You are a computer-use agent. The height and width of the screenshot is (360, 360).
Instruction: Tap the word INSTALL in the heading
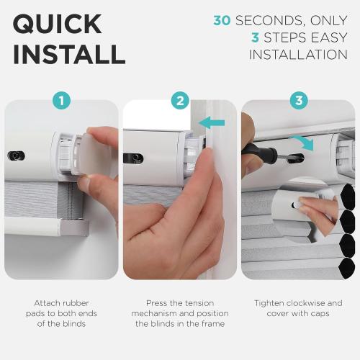68,53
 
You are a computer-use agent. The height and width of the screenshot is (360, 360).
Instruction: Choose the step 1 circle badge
61,101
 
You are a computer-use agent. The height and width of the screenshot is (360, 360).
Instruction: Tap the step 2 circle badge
180,101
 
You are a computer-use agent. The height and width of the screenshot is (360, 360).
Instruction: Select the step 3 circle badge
298,101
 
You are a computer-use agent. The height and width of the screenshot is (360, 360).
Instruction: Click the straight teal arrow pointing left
212,123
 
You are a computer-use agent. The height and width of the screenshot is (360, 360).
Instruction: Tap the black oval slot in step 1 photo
16,156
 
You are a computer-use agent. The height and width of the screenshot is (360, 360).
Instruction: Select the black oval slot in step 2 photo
133,158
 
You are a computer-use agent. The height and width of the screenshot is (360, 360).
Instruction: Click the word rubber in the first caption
72,303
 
